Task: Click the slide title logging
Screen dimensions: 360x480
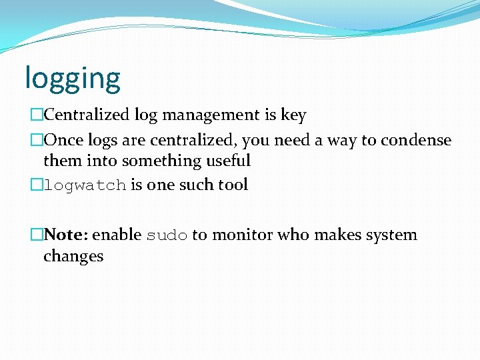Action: (73, 79)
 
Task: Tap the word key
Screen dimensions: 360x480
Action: (293, 116)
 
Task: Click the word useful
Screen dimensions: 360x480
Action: (229, 161)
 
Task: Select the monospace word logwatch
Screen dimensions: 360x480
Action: (85, 185)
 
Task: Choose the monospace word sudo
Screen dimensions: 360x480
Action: (167, 235)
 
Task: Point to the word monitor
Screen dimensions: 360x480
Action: (243, 235)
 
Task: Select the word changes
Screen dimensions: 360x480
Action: (73, 256)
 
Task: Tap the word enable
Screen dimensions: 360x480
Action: (117, 235)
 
